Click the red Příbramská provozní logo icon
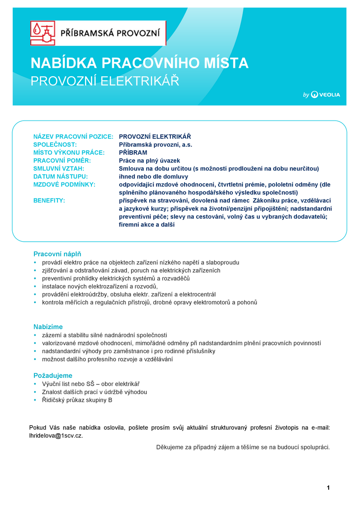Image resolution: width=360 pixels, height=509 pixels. point(43,33)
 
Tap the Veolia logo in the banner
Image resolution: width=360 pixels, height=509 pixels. point(322,94)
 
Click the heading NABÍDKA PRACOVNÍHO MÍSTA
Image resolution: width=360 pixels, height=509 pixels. point(139,63)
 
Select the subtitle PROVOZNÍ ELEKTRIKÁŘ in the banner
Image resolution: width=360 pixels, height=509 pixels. point(104,81)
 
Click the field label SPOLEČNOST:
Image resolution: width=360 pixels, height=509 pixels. point(55,145)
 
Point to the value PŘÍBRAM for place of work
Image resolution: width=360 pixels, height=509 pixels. point(133,152)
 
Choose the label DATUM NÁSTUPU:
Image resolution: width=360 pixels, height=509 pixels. point(61,176)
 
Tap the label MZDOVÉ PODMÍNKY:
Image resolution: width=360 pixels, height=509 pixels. point(64,184)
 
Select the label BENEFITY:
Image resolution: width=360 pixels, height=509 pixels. point(49,200)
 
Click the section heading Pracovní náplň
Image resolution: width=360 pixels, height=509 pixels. point(57,254)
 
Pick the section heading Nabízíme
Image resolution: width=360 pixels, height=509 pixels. point(48,327)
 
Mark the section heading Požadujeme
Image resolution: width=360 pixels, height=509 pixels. point(53,375)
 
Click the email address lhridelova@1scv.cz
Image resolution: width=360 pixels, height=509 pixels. point(55,435)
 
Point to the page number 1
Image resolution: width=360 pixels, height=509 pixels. point(328,488)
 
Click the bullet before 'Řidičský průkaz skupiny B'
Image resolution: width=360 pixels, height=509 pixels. point(35,400)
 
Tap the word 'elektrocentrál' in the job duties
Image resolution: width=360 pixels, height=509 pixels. point(197,294)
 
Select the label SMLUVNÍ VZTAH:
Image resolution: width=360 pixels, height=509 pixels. point(58,169)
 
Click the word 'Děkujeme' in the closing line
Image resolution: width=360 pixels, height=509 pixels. point(170,447)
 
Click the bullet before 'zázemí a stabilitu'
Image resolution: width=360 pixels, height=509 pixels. point(35,335)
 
